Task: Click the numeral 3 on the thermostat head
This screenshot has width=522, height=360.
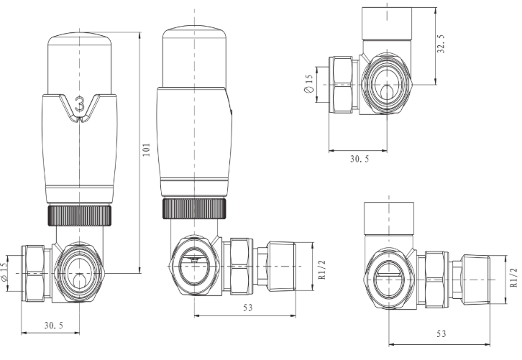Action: (80, 105)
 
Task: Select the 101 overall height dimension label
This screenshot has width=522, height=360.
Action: (146, 149)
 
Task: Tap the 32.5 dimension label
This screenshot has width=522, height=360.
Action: (442, 45)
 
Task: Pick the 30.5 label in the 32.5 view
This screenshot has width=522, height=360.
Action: (359, 159)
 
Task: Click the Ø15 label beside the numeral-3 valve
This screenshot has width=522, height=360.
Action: (6, 272)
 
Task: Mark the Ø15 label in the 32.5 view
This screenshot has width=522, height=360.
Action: (308, 86)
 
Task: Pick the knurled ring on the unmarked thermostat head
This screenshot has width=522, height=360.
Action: (196, 208)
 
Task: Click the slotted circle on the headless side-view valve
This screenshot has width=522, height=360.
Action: (388, 274)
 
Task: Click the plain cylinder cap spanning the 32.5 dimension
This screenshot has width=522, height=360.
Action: (388, 27)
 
